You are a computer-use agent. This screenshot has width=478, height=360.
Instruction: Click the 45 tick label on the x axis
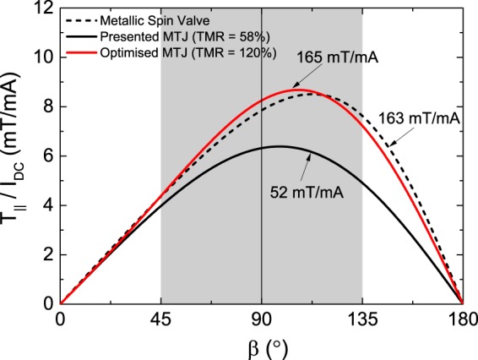(x=160, y=320)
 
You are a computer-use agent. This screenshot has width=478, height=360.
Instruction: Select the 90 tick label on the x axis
(x=261, y=320)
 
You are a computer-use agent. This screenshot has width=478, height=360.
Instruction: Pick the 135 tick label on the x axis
(x=361, y=320)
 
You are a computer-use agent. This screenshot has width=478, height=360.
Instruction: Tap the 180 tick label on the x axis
(x=461, y=320)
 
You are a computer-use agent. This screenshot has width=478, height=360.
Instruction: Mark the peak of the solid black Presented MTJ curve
(x=277, y=146)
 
